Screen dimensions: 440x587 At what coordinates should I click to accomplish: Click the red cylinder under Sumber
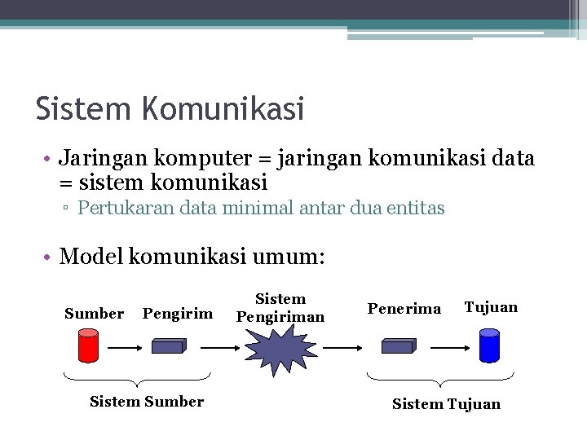pyautogui.click(x=88, y=345)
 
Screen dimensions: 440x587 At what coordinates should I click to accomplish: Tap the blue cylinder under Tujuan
pyautogui.click(x=489, y=345)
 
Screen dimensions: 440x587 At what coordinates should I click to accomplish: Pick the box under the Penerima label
pyautogui.click(x=399, y=345)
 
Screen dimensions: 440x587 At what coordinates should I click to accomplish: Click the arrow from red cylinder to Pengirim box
pyautogui.click(x=126, y=346)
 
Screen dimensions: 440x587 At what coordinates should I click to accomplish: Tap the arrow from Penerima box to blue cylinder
pyautogui.click(x=448, y=346)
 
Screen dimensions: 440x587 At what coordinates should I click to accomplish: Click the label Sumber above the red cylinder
pyautogui.click(x=94, y=314)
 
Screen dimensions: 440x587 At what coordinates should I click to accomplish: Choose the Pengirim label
pyautogui.click(x=178, y=314)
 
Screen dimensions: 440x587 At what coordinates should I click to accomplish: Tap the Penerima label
pyautogui.click(x=404, y=309)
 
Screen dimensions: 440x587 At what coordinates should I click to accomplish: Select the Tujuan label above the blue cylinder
pyautogui.click(x=491, y=307)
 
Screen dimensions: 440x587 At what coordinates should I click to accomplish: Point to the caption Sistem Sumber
pyautogui.click(x=147, y=401)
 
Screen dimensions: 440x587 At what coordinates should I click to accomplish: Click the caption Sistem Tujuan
pyautogui.click(x=446, y=404)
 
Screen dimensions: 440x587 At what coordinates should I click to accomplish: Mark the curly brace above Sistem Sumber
pyautogui.click(x=137, y=380)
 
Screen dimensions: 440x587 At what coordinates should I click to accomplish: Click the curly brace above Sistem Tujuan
pyautogui.click(x=440, y=380)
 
